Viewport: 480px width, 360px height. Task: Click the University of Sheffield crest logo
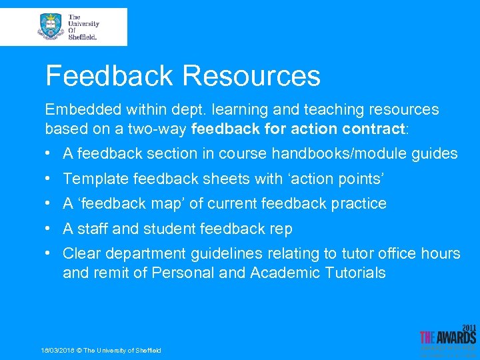coord(51,27)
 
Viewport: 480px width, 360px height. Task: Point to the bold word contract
coord(377,127)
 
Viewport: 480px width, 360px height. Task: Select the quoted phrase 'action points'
coord(335,179)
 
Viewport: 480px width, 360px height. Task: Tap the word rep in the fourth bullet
coord(280,229)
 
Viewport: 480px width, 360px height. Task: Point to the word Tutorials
coord(355,273)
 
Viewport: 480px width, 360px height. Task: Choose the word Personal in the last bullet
coord(183,273)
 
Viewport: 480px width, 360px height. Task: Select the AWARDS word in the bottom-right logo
coord(456,337)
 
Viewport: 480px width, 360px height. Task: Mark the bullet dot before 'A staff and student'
coord(49,229)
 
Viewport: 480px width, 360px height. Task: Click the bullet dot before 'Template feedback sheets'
coord(49,179)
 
